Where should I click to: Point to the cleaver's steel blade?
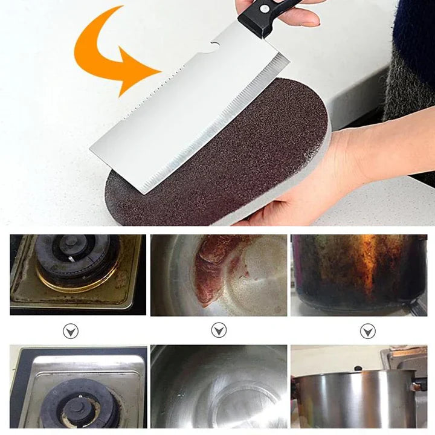tap(181, 121)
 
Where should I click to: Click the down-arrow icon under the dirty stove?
tap(71, 331)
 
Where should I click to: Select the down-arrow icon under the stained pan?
tap(219, 330)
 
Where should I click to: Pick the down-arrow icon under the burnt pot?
tap(367, 331)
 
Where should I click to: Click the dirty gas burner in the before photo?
tap(76, 257)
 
